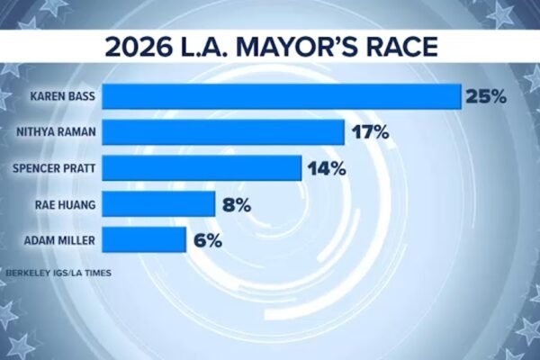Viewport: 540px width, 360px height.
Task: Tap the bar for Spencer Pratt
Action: pyautogui.click(x=206, y=168)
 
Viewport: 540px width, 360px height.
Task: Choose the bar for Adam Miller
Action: pyautogui.click(x=149, y=240)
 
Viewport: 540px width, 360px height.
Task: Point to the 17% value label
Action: pyautogui.click(x=370, y=132)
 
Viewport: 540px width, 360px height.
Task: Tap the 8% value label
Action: pyautogui.click(x=235, y=204)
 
